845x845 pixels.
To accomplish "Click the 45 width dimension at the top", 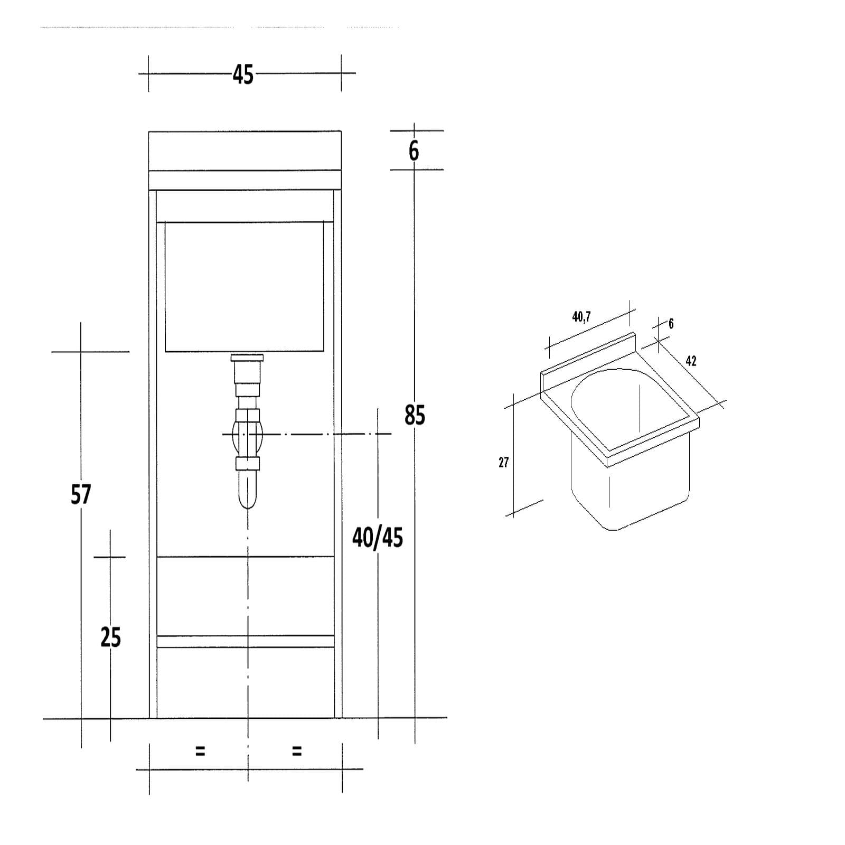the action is [x=243, y=75].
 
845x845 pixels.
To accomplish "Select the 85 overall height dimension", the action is [x=415, y=415].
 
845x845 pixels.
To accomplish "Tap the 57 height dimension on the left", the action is [x=81, y=494].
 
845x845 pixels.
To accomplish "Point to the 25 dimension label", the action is [x=111, y=637].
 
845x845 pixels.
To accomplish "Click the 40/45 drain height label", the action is [x=378, y=538].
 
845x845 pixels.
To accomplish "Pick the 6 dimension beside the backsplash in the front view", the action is [x=414, y=151].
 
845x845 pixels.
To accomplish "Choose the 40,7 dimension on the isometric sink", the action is [x=581, y=317].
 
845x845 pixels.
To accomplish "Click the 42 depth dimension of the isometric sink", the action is [x=691, y=361].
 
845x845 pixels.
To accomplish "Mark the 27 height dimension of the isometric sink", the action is [x=503, y=463].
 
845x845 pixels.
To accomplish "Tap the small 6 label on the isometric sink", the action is [x=671, y=323].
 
